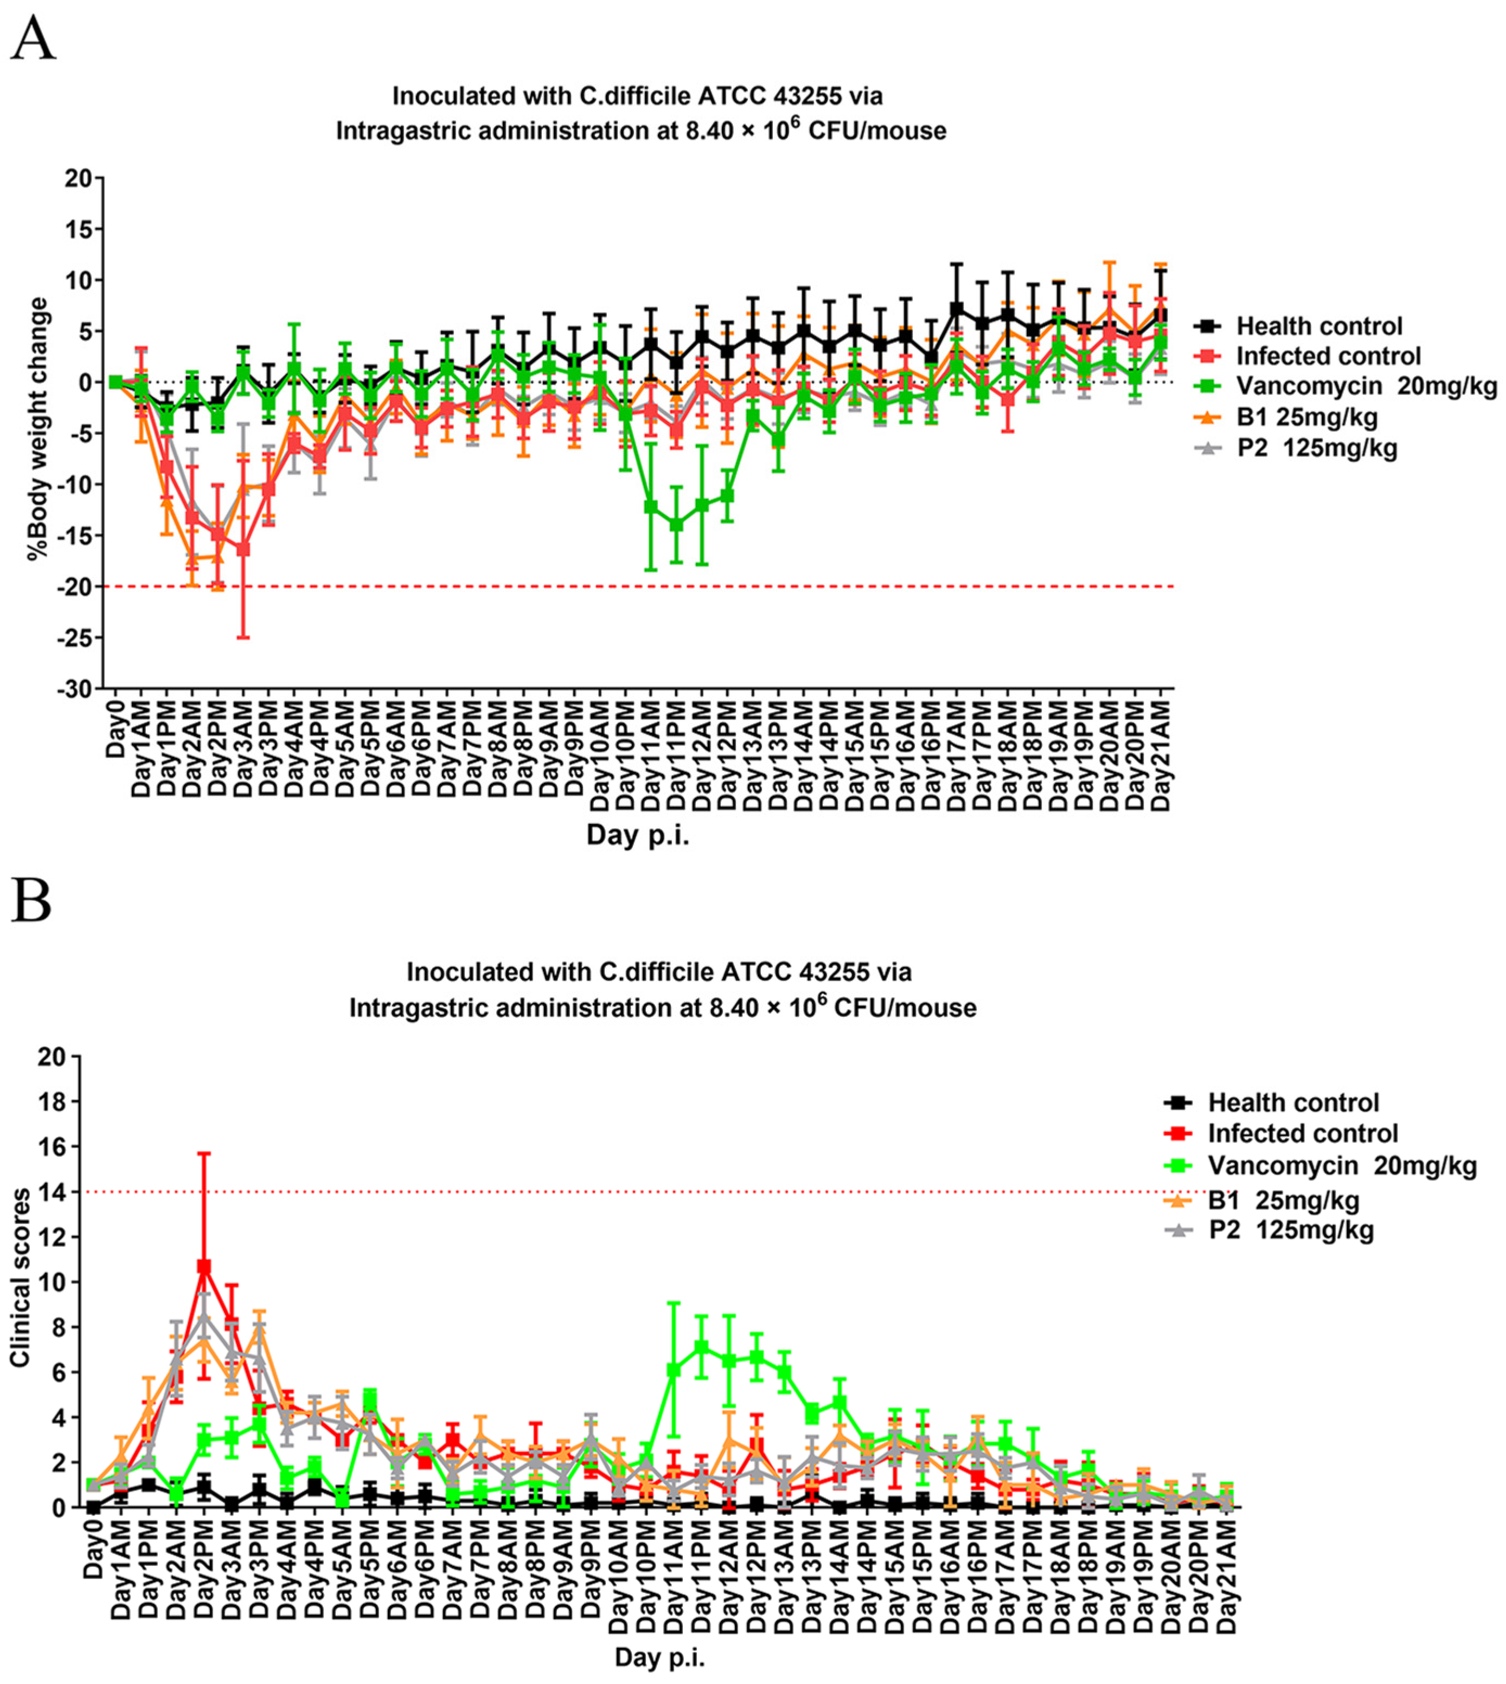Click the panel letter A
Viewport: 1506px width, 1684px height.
[33, 39]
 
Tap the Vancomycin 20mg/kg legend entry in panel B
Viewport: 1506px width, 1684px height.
[1341, 1166]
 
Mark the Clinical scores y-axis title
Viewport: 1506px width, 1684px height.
[20, 1278]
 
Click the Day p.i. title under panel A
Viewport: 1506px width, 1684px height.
[637, 835]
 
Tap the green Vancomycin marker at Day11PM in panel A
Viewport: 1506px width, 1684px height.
[677, 525]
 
